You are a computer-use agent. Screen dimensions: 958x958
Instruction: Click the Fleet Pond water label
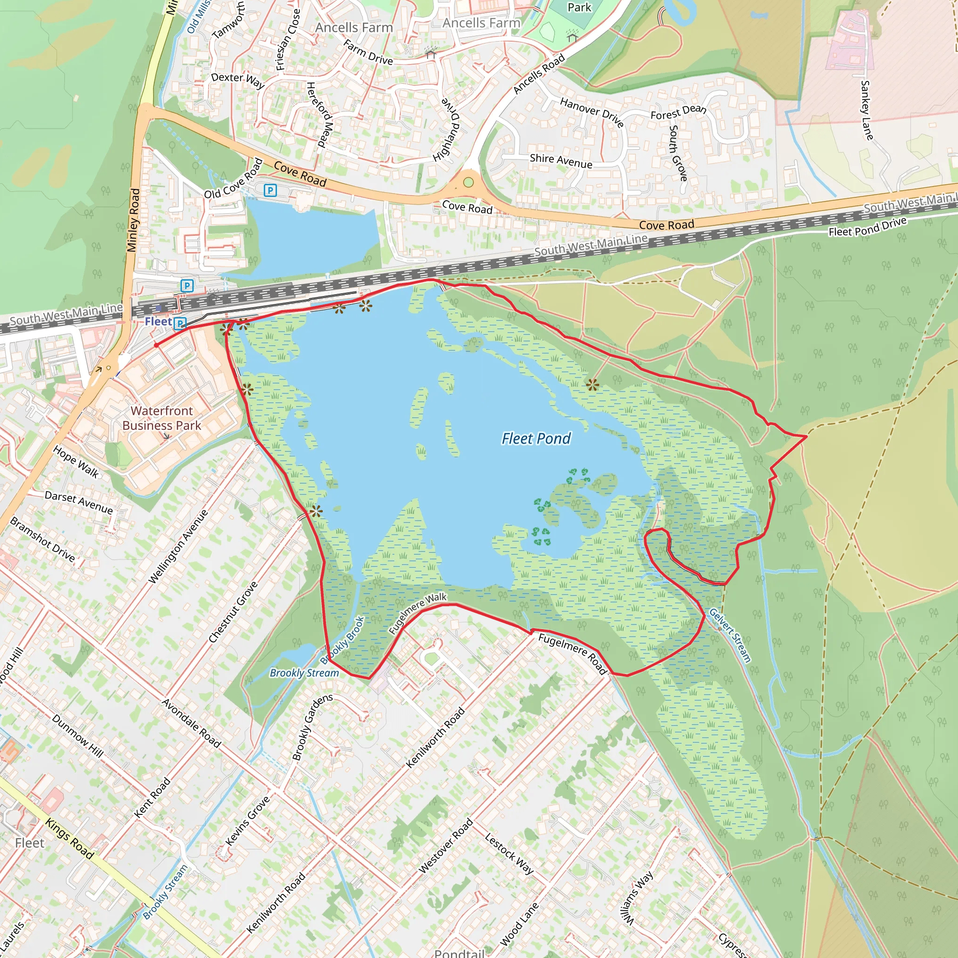click(x=536, y=438)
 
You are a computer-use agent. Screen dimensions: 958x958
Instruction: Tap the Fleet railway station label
click(x=158, y=321)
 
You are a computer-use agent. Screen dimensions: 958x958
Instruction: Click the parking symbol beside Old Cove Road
click(x=270, y=190)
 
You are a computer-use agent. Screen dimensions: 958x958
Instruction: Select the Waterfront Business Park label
click(x=162, y=418)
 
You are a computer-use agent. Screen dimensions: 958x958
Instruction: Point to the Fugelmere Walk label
click(x=418, y=613)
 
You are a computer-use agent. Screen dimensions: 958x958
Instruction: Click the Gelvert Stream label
click(x=730, y=635)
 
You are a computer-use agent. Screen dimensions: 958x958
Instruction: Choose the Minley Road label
click(x=133, y=220)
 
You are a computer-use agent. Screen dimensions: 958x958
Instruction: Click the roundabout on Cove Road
click(x=468, y=182)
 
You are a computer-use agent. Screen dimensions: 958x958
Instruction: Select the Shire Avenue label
click(x=561, y=160)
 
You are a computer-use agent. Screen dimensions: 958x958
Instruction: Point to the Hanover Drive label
click(x=592, y=112)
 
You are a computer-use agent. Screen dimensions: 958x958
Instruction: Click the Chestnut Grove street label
click(x=233, y=612)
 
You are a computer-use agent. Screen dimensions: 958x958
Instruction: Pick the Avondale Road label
click(x=191, y=723)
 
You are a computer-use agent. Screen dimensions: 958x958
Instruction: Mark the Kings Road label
click(x=69, y=838)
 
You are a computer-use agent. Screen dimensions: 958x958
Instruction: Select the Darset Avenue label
click(x=79, y=502)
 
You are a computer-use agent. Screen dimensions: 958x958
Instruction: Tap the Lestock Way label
click(x=509, y=853)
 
